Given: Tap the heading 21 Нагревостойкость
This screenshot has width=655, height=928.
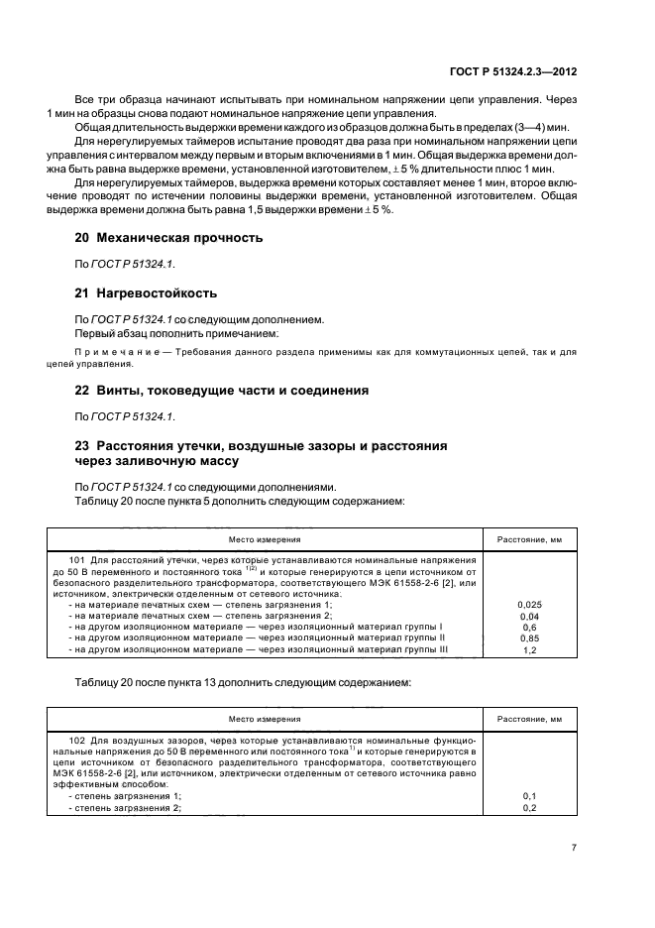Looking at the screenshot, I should [x=147, y=293].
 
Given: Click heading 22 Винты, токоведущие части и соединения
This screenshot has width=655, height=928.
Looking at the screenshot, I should [x=222, y=391].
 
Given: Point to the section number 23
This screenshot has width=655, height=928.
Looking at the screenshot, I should [x=83, y=446].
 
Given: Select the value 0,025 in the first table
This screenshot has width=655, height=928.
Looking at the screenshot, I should [x=528, y=603].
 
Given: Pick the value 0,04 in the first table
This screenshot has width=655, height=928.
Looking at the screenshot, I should [x=528, y=615].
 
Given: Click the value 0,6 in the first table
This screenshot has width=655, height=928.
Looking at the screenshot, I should [x=528, y=627].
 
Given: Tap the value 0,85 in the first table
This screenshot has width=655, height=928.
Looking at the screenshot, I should [x=528, y=638].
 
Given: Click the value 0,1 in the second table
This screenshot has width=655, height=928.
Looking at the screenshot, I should [x=528, y=796].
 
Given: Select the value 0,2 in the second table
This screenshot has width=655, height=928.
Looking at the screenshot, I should [x=528, y=808].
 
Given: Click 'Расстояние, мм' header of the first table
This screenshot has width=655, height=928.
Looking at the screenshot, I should [x=528, y=540].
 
